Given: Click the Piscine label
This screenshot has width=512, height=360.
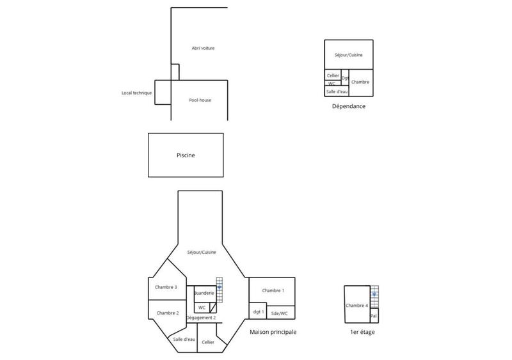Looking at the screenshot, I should pos(186,155).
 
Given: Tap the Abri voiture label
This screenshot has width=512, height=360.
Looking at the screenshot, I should pos(203,49).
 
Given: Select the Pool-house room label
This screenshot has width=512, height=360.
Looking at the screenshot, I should pos(200,100).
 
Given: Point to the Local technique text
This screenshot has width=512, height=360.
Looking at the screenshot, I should pos(137,93).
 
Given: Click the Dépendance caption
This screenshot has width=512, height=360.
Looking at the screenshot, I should pos(349,106).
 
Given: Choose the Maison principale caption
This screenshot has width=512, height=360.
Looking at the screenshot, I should pos(273,333).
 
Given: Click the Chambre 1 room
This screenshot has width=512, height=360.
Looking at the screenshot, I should pos(273,291).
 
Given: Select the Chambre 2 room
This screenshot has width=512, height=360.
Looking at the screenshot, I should pos(167,313).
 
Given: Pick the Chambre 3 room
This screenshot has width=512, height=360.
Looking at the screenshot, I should pos(166,287).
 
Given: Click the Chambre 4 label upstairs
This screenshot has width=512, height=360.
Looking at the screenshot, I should pos(357,306).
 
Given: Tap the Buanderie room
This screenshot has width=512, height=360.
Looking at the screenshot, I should pos(204,293).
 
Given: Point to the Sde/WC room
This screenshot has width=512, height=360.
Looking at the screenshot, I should pos(280,313).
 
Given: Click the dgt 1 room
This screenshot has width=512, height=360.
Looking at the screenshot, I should pos(258,312).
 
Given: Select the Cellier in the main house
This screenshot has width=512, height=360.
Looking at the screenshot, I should pos(208,343).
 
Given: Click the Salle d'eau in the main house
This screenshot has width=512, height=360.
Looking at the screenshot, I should pos(184,339).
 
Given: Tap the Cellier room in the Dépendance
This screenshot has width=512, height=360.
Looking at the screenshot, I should pos(333,75).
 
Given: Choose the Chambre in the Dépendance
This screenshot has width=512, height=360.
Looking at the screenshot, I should pos(360,82).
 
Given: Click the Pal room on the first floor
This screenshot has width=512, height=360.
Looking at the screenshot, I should pos(374,316).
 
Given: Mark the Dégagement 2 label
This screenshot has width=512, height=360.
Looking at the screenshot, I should pos(201,317).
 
